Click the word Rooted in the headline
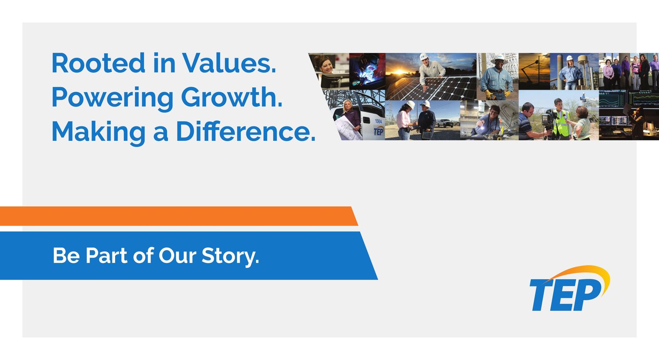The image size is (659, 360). [98, 63]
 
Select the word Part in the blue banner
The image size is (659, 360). [107, 256]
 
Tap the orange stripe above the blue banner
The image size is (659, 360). [179, 216]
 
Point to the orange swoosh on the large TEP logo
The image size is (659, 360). [586, 276]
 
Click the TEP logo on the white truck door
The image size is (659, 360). [379, 131]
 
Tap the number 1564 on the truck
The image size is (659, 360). [378, 121]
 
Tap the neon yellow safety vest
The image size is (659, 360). [561, 124]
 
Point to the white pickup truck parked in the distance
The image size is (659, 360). [445, 123]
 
